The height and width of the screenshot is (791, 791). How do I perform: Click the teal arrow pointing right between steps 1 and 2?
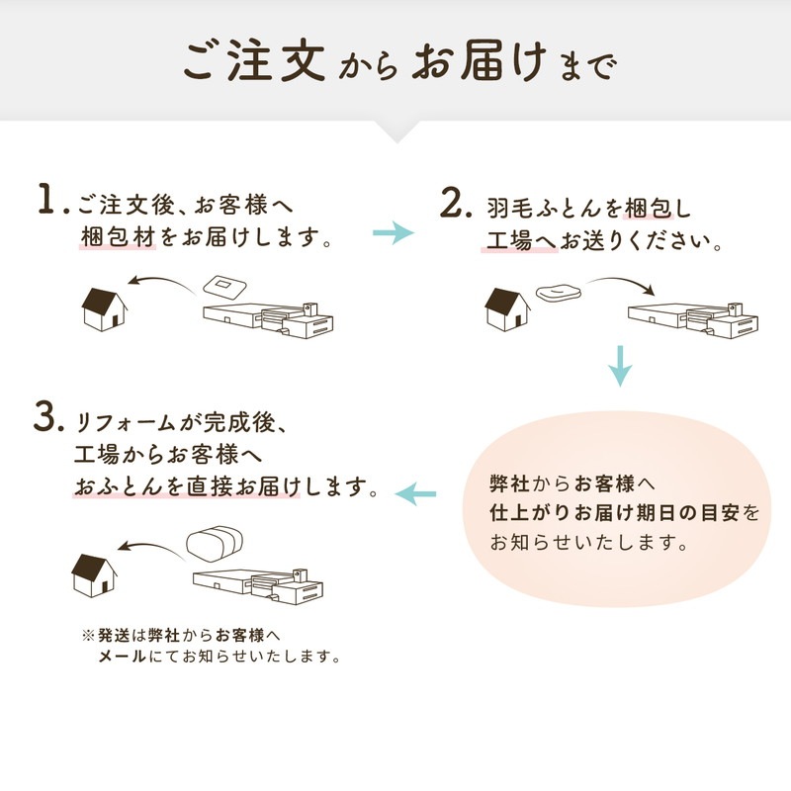[394, 233]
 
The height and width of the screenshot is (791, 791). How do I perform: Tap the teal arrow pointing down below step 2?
[620, 365]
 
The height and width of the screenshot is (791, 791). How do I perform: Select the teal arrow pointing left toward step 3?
[416, 490]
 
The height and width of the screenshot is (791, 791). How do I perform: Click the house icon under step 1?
[104, 308]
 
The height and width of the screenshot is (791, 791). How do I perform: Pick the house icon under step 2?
[507, 308]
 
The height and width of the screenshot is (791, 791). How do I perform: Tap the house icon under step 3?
[95, 572]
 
